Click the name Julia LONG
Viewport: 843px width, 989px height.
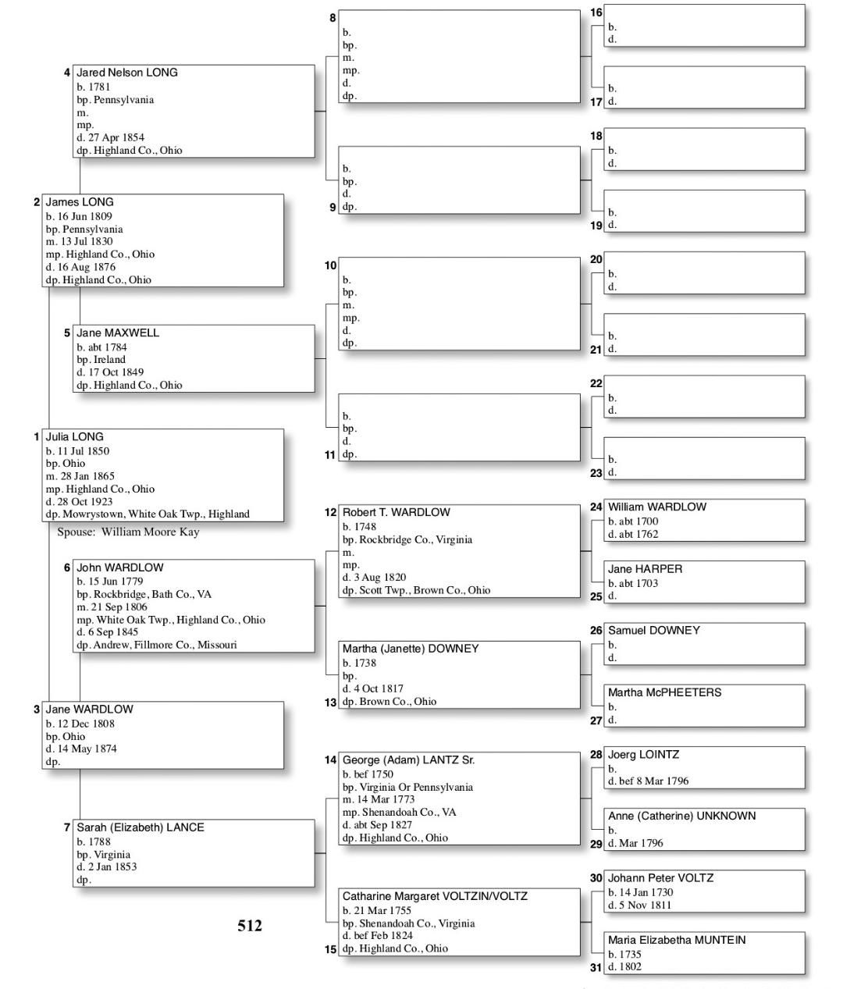click(74, 436)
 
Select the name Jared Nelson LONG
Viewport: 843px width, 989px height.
click(127, 73)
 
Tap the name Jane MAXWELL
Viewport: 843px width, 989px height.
click(118, 333)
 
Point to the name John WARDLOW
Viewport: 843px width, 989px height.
click(120, 567)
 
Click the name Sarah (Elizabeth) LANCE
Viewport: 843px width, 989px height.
click(140, 827)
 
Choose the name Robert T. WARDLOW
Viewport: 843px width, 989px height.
click(396, 512)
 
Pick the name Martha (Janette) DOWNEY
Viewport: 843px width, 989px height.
click(411, 649)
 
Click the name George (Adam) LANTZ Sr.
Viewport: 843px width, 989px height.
click(408, 760)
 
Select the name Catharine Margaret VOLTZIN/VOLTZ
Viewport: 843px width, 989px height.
click(435, 896)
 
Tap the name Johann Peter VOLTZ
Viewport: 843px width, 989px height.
click(660, 878)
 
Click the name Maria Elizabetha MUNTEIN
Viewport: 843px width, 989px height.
click(677, 940)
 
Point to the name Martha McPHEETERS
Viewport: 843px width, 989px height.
click(664, 692)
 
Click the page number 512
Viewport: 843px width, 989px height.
click(250, 926)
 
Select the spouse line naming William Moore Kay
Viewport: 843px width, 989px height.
click(128, 532)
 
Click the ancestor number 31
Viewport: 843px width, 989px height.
click(596, 967)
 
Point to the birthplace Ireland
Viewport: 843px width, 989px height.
click(109, 360)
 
